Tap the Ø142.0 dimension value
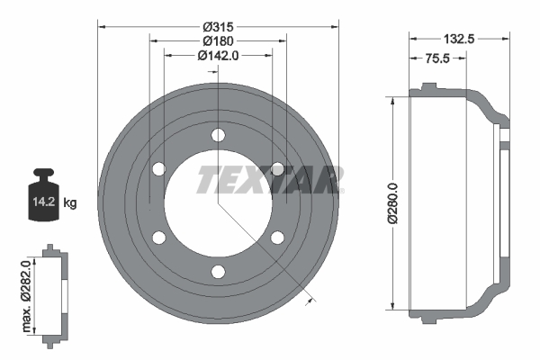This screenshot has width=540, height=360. [218, 55]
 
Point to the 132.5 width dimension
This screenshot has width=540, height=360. [460, 39]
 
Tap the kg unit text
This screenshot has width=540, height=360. [70, 203]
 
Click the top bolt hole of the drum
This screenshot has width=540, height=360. [218, 135]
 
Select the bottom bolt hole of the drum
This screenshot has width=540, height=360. [218, 272]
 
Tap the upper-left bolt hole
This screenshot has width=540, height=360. [158, 169]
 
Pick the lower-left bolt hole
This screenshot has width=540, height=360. [158, 238]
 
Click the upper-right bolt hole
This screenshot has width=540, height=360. [277, 169]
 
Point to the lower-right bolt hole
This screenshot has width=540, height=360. [277, 238]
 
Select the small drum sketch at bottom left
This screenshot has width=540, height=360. [54, 292]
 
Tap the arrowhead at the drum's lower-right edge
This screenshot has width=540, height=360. [312, 299]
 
